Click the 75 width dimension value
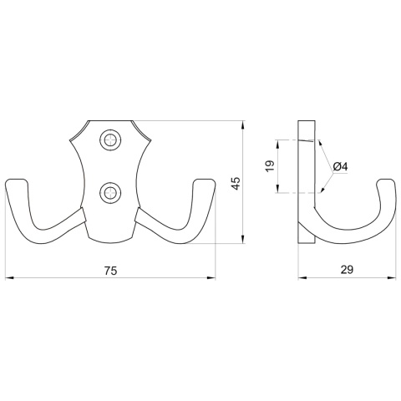click(110, 270)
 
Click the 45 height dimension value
click(236, 183)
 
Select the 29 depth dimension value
click(347, 270)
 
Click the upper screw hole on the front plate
click(109, 140)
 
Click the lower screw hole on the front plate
click(109, 193)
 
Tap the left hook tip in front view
click(16, 182)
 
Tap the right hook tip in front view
click(204, 182)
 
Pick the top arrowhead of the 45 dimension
click(243, 124)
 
